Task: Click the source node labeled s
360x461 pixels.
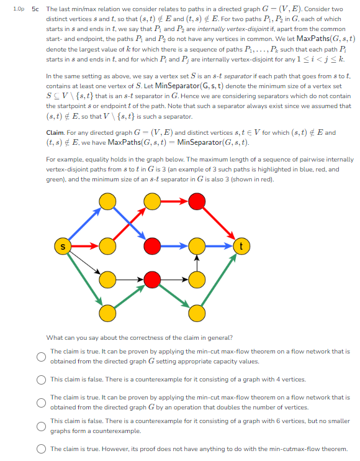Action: click(x=63, y=247)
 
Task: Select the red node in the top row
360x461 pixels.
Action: click(x=197, y=201)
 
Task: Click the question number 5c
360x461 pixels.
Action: click(x=35, y=9)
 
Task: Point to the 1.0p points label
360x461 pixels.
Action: click(x=19, y=9)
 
